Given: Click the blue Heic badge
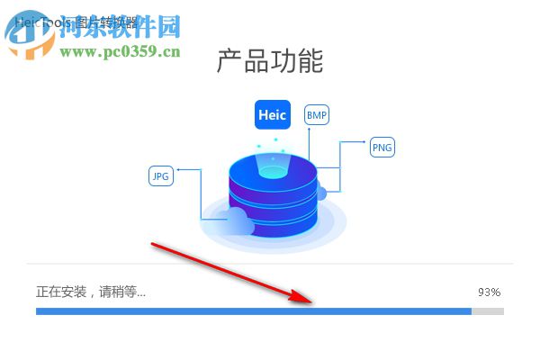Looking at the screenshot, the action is pos(271,115).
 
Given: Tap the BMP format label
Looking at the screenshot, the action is pos(316,115).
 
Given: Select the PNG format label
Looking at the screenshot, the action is pos(382,148).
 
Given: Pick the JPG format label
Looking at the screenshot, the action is pos(160,176).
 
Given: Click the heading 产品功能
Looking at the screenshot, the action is pos(270,61).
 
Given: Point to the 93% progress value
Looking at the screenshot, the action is pos(489,292).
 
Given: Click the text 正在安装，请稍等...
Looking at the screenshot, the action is pos(90,292).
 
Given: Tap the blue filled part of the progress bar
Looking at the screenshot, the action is pos(252,311).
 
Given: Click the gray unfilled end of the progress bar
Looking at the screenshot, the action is pos(488,311).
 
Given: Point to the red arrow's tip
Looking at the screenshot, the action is pos(310,301).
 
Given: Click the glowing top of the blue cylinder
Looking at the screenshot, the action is pos(272,166).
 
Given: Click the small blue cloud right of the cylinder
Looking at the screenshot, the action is pos(320,193).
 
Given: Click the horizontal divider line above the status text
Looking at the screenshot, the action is pos(270,264).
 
